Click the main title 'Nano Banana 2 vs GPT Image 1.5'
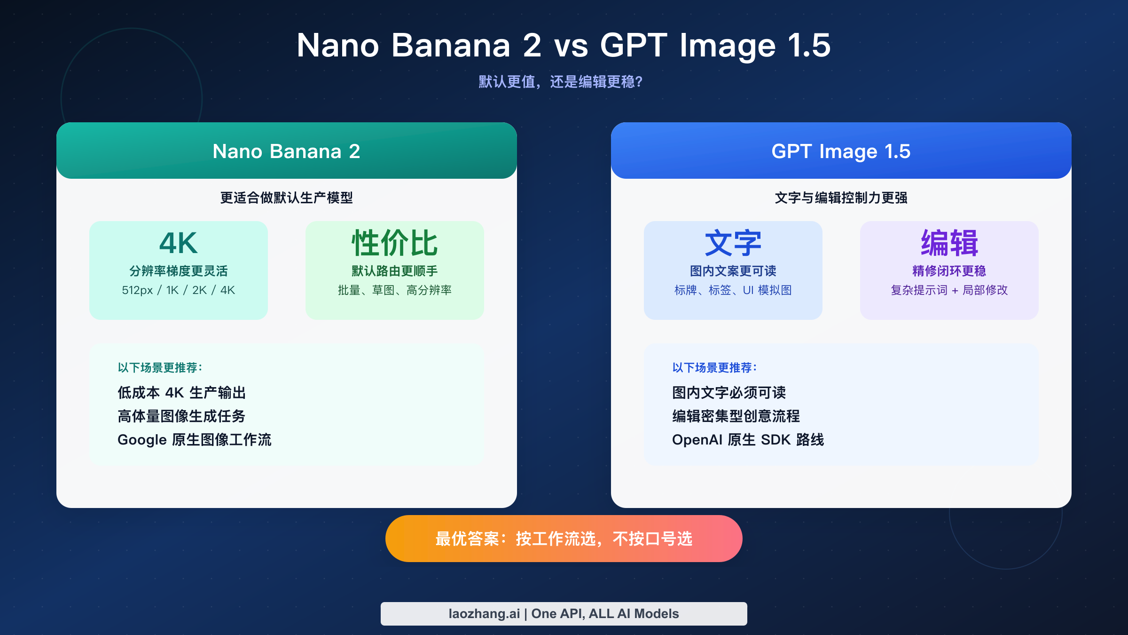tap(564, 46)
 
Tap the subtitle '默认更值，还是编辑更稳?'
tap(560, 82)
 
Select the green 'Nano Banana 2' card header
tap(286, 151)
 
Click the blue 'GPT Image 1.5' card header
tap(841, 151)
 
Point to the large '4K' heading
tap(178, 243)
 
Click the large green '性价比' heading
tap(394, 243)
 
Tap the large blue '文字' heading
tap(733, 243)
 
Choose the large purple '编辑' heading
tap(949, 243)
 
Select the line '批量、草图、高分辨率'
tap(394, 290)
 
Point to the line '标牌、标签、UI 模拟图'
tap(733, 290)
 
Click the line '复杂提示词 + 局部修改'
tap(949, 290)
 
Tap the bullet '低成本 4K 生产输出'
tap(181, 392)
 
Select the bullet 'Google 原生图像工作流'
tap(194, 439)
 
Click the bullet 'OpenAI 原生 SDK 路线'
tap(748, 439)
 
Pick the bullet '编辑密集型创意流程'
tap(736, 416)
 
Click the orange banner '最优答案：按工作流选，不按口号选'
tap(564, 539)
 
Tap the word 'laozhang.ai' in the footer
tap(484, 613)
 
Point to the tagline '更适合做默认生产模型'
tap(286, 198)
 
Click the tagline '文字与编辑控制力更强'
tap(841, 198)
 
